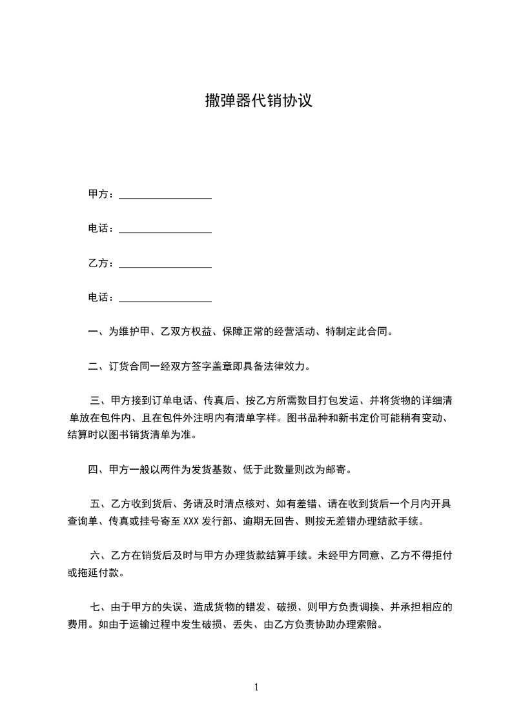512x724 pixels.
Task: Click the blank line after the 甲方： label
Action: [165, 195]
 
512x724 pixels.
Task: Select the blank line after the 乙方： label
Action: [165, 264]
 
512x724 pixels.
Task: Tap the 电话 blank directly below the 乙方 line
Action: [165, 298]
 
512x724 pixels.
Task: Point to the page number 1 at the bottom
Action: [256, 687]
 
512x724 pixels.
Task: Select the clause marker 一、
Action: [98, 332]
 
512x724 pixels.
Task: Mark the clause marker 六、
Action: [100, 555]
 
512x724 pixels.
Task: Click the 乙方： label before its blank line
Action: [101, 264]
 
